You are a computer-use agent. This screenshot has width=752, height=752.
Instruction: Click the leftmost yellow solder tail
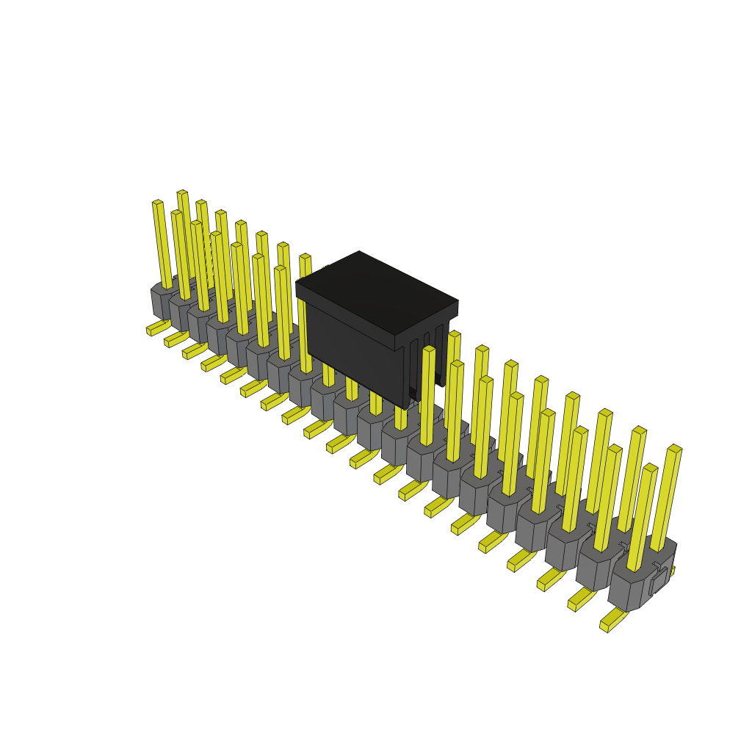[157, 327]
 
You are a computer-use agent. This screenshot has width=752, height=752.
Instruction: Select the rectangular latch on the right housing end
[659, 580]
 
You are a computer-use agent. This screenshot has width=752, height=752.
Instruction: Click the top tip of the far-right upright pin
[675, 448]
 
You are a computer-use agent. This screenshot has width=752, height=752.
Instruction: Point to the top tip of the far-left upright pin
[157, 203]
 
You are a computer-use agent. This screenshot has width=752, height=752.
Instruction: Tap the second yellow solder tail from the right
[581, 599]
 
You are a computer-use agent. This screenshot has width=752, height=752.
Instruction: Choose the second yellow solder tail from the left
[176, 339]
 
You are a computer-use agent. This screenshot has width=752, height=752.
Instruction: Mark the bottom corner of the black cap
[405, 406]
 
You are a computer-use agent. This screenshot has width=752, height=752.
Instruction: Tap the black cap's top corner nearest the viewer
[395, 336]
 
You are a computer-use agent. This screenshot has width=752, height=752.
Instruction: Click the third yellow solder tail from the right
[550, 579]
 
